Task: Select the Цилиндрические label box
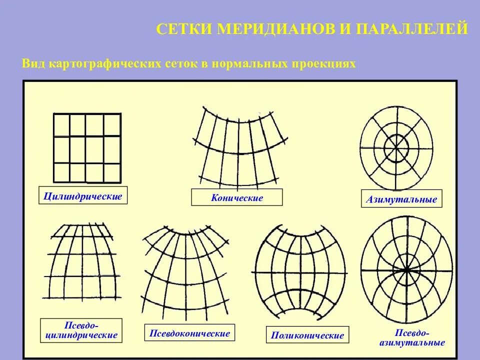pyautogui.click(x=82, y=195)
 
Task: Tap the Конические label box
pyautogui.click(x=236, y=197)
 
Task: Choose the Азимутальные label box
pyautogui.click(x=401, y=199)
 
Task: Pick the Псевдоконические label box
pyautogui.click(x=189, y=333)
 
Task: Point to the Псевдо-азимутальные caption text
pyautogui.click(x=412, y=338)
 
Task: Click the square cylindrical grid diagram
pyautogui.click(x=87, y=148)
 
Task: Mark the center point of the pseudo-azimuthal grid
pyautogui.click(x=407, y=269)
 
